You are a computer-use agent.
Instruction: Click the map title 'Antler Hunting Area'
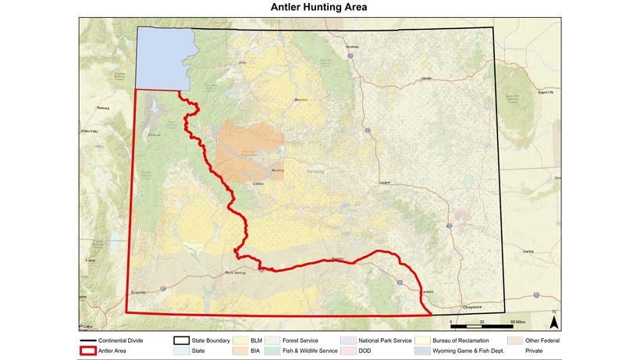coord(319,7)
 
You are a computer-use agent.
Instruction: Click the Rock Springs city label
coord(235,273)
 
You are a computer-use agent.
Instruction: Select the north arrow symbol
coord(553,318)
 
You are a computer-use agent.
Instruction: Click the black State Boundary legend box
coord(180,341)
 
